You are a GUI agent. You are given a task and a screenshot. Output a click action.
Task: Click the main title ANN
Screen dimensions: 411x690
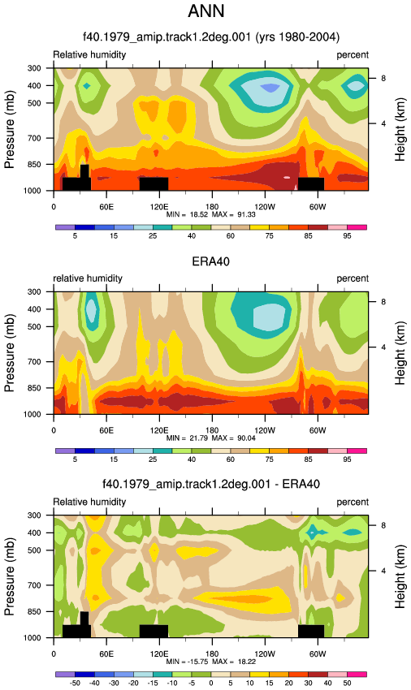[205, 11]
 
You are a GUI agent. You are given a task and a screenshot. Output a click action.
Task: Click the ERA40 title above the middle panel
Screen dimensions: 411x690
[210, 261]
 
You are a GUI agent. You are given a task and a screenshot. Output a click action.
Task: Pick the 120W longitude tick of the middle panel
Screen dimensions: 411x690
[265, 430]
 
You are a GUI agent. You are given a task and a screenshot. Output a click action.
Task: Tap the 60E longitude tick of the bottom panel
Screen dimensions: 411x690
[106, 654]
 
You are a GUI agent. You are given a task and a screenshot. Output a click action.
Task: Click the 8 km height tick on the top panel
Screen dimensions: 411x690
[383, 78]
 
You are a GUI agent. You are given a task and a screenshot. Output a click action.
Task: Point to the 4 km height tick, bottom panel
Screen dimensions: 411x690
[383, 571]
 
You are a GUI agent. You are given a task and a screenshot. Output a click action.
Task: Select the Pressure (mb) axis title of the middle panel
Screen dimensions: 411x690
[9, 353]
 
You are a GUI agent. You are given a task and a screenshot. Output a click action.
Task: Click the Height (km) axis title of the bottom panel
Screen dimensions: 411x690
[400, 576]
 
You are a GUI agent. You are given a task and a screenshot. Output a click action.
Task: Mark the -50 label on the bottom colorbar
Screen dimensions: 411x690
[75, 683]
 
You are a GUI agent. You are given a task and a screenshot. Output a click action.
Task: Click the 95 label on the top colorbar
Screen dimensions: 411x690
[347, 236]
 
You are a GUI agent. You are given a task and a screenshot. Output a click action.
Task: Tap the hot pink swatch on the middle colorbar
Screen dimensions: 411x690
[357, 451]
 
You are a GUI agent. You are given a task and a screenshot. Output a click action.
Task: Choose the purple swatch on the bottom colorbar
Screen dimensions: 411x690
[65, 674]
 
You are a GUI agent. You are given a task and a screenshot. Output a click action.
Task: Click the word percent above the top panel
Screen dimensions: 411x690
[353, 55]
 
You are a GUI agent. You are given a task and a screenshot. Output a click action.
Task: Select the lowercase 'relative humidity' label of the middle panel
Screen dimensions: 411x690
[88, 278]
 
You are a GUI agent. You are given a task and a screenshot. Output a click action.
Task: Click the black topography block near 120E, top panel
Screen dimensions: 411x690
[154, 184]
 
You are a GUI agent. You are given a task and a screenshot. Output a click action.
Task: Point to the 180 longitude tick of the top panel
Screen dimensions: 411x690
[212, 207]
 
